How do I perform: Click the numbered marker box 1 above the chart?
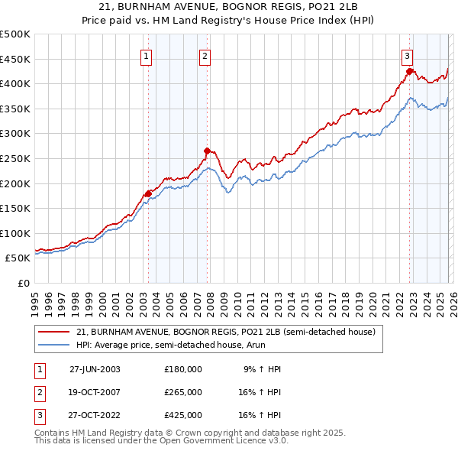click(146, 55)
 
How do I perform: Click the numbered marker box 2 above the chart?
click(205, 55)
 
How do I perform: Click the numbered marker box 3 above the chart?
click(408, 55)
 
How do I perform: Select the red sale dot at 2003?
click(149, 193)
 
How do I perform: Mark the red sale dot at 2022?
click(410, 71)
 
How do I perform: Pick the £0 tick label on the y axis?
click(24, 283)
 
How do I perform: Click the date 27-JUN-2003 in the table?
click(95, 368)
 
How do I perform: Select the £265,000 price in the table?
click(183, 391)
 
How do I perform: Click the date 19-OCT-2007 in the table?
click(95, 391)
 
